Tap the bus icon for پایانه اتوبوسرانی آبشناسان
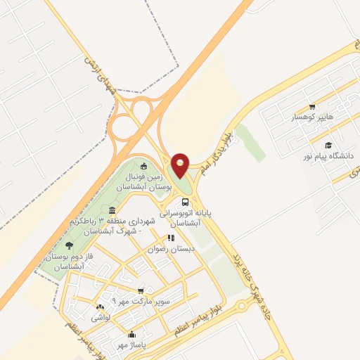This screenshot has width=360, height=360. [x=185, y=200]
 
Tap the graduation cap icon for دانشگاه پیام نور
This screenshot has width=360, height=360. [x=328, y=145]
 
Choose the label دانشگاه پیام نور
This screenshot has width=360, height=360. [x=328, y=155]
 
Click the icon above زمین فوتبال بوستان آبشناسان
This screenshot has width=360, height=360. [x=144, y=167]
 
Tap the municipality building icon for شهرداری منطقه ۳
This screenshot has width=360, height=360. [x=112, y=210]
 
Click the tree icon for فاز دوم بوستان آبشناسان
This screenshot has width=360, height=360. [x=68, y=245]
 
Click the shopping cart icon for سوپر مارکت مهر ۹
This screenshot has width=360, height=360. [x=141, y=290]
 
